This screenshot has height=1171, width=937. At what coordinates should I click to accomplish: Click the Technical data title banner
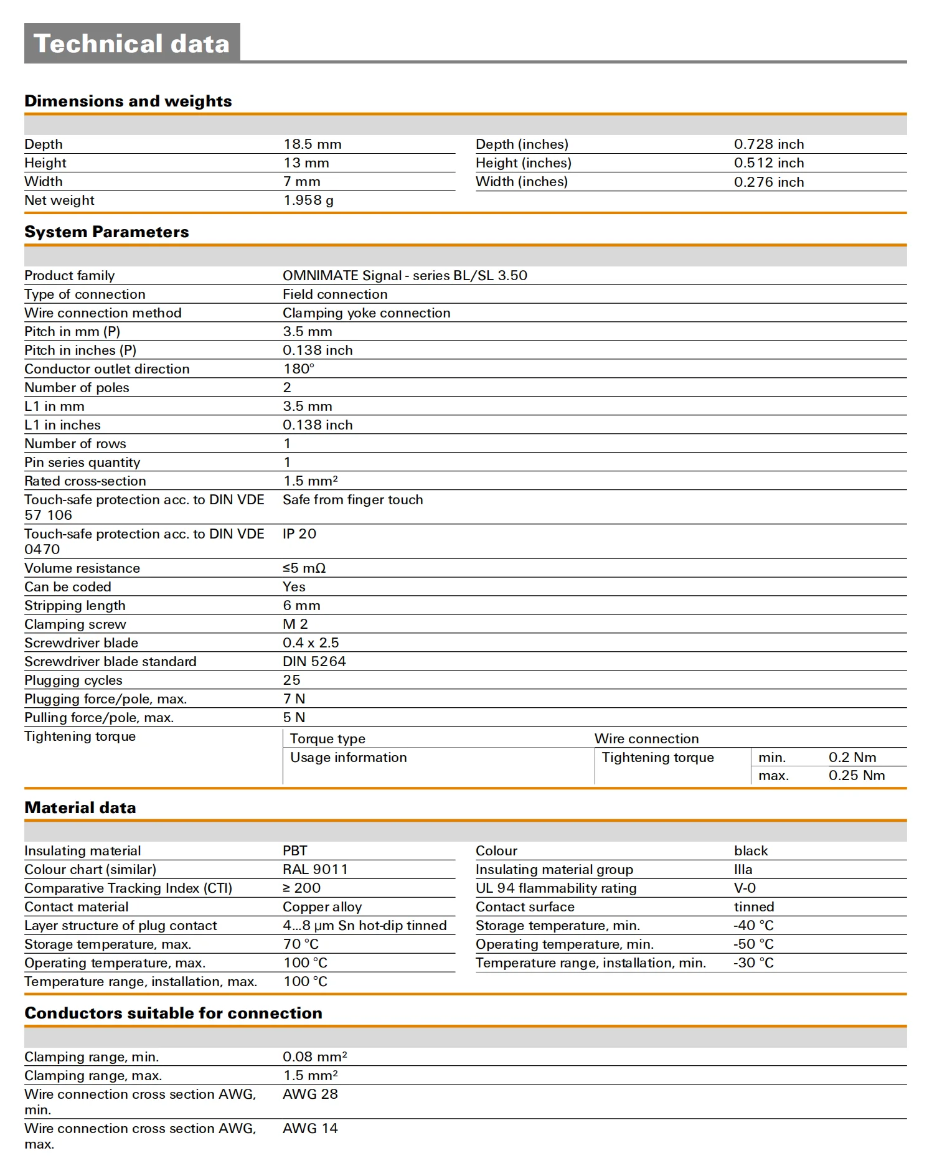click(132, 44)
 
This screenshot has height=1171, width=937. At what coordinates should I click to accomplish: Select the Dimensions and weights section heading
click(128, 101)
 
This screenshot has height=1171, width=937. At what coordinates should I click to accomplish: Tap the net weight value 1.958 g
click(308, 200)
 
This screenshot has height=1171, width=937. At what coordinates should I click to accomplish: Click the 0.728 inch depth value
click(768, 144)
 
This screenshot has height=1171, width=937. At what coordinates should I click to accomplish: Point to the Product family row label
click(70, 276)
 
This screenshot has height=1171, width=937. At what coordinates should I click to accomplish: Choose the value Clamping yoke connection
click(366, 313)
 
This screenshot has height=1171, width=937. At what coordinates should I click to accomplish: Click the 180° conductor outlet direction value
click(299, 369)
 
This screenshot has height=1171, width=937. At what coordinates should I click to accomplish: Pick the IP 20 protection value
click(299, 534)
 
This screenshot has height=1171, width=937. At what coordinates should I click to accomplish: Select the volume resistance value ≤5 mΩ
click(304, 568)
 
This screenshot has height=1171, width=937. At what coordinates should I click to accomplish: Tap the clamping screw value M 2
click(295, 624)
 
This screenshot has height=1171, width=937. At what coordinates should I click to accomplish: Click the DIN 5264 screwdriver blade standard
click(314, 662)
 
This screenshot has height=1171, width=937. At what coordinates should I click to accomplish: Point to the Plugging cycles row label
click(73, 680)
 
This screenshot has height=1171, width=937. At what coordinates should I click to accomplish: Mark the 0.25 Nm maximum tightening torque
click(856, 776)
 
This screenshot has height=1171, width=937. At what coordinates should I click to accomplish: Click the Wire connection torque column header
click(646, 739)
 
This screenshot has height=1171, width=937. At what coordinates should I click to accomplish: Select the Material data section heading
click(80, 807)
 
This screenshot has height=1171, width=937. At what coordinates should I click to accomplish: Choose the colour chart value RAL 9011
click(315, 870)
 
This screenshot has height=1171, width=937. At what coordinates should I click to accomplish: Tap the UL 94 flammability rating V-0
click(745, 888)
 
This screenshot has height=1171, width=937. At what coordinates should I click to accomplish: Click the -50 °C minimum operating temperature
click(753, 944)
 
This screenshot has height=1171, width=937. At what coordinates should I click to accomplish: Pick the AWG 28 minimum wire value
click(310, 1094)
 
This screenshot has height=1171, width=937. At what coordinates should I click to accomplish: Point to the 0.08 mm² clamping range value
click(314, 1057)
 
